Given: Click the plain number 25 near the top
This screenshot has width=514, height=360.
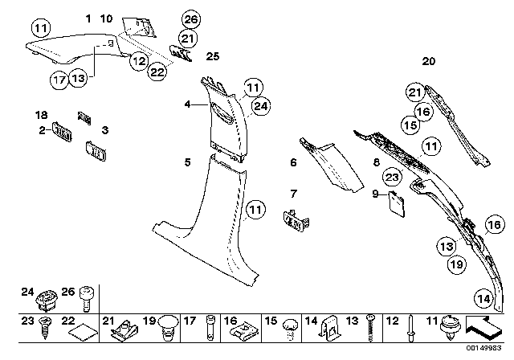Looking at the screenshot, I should pos(212,56).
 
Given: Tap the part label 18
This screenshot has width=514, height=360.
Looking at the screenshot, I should pos(43,115).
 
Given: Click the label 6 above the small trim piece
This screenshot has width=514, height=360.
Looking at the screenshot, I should pos(294,162).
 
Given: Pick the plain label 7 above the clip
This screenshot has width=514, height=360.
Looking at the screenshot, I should pos(294,193).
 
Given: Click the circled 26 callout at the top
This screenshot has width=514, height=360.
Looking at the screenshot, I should pos(190,18).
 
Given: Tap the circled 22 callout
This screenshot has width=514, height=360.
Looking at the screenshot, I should pos(158,72).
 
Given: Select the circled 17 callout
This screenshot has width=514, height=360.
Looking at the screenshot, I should pos(59,79).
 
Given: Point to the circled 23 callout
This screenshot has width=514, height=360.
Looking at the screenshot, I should pos(391,177).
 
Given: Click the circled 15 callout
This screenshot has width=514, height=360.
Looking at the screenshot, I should pos(411,125).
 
